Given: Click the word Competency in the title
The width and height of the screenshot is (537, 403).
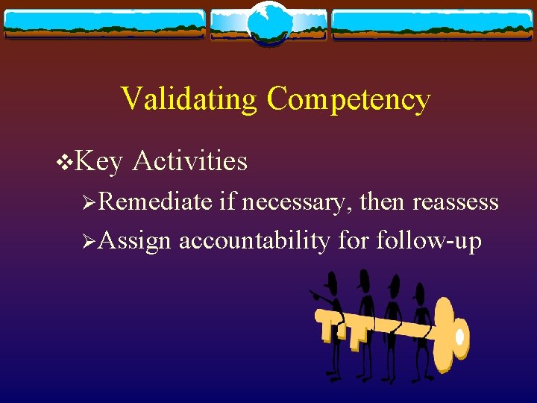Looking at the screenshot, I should click(348, 99).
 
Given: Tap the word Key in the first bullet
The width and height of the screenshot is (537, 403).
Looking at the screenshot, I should click(99, 160).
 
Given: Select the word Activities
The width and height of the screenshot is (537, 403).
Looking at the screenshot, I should click(189, 160).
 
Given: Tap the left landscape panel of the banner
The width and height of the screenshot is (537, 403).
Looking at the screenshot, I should click(104, 25).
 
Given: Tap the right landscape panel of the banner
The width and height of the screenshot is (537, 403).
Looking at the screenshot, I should click(433, 25).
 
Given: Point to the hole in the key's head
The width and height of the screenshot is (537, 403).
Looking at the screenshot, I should click(459, 337).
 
